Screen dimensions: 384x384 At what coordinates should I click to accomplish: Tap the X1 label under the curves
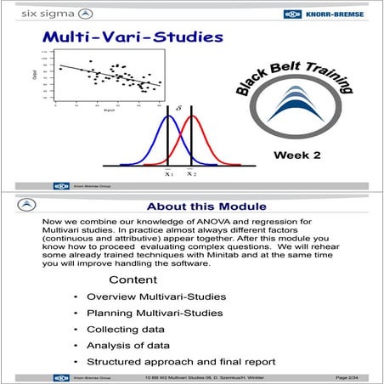tap(168, 173)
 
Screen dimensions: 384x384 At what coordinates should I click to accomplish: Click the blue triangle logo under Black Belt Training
tap(296, 119)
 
